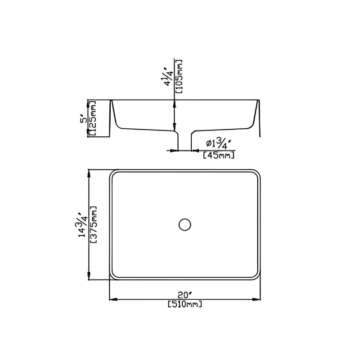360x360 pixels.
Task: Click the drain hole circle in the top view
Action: point(184,224)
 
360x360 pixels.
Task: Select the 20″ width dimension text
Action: point(184,295)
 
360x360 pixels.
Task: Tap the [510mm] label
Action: point(184,305)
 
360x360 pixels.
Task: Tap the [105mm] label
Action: point(179,76)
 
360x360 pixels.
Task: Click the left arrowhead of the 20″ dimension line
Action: point(112,299)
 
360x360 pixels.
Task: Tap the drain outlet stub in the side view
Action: point(184,140)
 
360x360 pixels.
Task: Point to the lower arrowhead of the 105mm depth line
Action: point(174,128)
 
